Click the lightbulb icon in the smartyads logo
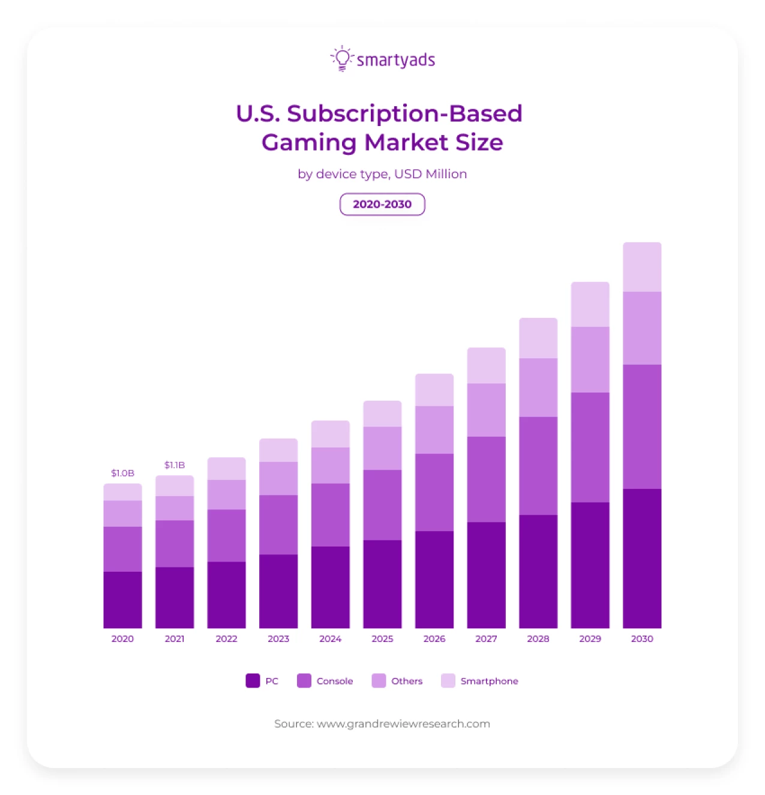pyautogui.click(x=342, y=58)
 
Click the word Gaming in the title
pyautogui.click(x=309, y=142)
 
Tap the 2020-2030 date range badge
pyautogui.click(x=382, y=204)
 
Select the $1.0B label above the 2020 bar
pyautogui.click(x=122, y=473)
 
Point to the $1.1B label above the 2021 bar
pyautogui.click(x=175, y=465)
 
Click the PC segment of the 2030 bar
pyautogui.click(x=642, y=558)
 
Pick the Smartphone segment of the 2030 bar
pyautogui.click(x=642, y=267)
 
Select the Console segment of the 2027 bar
pyautogui.click(x=486, y=479)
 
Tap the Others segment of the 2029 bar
pyautogui.click(x=590, y=359)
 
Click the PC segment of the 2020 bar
pyautogui.click(x=122, y=599)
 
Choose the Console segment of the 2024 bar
pyautogui.click(x=330, y=514)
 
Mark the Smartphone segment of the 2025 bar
pyautogui.click(x=382, y=413)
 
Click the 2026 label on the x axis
pyautogui.click(x=434, y=638)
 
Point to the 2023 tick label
pyautogui.click(x=278, y=638)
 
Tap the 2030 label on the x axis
pyautogui.click(x=642, y=638)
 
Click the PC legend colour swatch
pyautogui.click(x=253, y=680)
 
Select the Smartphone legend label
pyautogui.click(x=489, y=681)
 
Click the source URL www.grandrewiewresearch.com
pyautogui.click(x=403, y=724)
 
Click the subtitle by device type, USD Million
pyautogui.click(x=382, y=174)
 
